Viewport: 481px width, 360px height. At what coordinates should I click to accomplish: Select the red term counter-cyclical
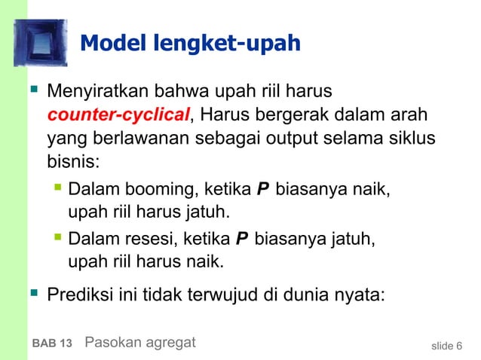click(x=118, y=116)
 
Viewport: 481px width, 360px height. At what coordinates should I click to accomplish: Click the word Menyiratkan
click(x=97, y=94)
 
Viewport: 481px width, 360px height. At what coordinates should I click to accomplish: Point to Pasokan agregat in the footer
click(x=140, y=343)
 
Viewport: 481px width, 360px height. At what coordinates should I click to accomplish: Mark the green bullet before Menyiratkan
click(x=32, y=93)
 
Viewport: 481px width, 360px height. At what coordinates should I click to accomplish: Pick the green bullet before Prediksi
click(x=32, y=292)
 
